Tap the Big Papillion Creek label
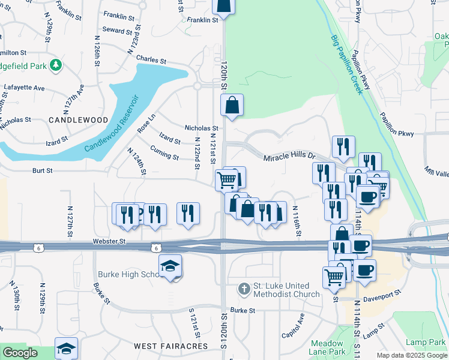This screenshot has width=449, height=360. (347, 65)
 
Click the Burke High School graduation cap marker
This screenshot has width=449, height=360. (170, 267)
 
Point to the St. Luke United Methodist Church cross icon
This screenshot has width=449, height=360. (244, 290)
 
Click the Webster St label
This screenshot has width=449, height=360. (108, 241)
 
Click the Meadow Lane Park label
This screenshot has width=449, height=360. (328, 347)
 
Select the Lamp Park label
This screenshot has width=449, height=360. (425, 342)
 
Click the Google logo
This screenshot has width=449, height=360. (20, 353)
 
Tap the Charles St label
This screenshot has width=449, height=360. (151, 60)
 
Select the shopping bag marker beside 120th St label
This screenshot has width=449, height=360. (232, 106)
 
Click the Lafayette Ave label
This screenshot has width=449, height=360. (25, 88)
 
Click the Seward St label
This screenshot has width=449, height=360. (117, 31)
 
